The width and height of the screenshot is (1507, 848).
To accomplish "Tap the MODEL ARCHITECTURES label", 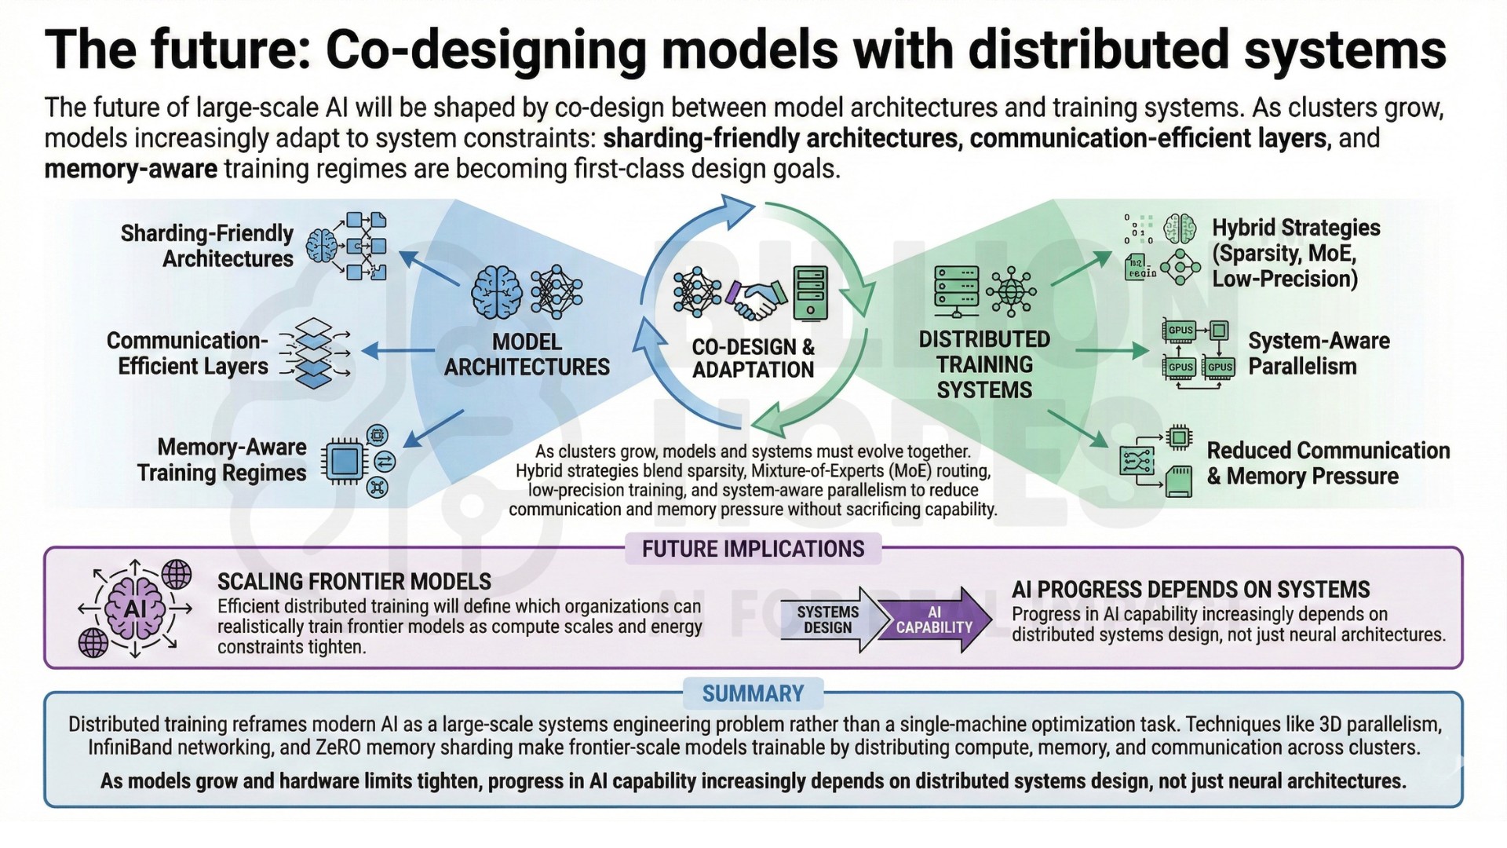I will tap(527, 354).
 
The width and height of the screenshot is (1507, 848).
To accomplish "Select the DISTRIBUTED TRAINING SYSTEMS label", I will tap(984, 364).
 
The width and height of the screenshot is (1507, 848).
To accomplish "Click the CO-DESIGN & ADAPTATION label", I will tap(753, 358).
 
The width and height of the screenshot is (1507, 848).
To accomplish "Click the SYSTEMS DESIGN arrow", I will tap(828, 620).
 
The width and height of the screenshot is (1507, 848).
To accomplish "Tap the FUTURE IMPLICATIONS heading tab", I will tap(753, 549).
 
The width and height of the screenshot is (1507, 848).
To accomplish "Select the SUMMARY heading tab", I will tap(753, 693).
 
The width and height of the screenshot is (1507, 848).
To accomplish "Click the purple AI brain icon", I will tap(135, 609).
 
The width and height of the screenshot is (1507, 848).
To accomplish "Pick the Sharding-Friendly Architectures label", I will tap(206, 246).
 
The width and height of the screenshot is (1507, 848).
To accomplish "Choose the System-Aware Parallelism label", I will tap(1319, 353).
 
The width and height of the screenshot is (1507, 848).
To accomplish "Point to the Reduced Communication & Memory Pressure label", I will tap(1327, 463).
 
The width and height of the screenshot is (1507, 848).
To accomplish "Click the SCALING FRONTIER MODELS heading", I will tap(354, 582).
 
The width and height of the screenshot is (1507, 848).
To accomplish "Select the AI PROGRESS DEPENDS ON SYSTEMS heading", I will tap(1191, 590).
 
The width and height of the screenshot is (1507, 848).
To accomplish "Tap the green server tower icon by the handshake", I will tap(811, 293).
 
